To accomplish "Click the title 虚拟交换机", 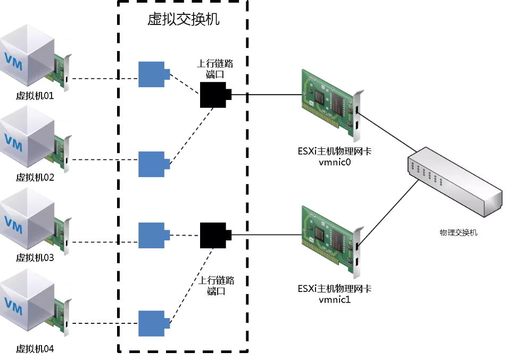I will [183, 21].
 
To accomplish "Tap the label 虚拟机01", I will [35, 96].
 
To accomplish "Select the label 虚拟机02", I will [35, 178].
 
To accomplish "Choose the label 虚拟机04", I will [35, 349].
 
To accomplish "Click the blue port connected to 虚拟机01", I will [153, 74].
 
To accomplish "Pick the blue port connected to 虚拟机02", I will [153, 164].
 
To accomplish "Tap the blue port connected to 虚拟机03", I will [153, 235].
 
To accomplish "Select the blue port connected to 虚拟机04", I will [153, 323].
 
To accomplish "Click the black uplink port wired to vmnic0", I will [214, 95].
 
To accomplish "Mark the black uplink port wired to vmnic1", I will [214, 235].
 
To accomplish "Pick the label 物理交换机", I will [459, 232].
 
